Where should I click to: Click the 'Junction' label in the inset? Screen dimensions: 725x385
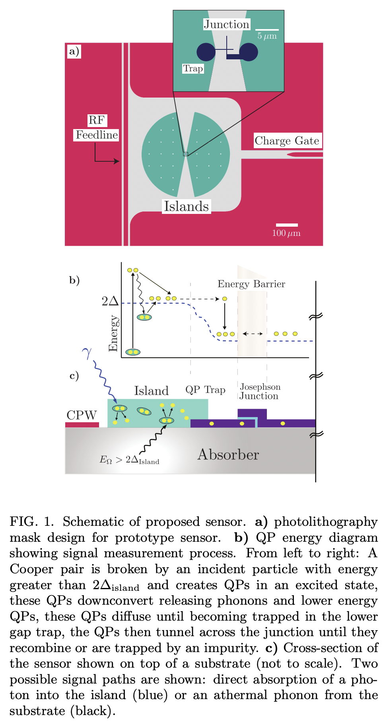tap(226, 25)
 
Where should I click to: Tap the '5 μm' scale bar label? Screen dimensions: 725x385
tap(267, 36)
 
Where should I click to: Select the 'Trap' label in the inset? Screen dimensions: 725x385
tap(193, 69)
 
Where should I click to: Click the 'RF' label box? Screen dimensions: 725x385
tap(97, 120)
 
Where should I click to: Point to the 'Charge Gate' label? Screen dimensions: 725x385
tap(287, 141)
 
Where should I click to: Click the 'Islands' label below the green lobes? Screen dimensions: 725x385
tap(186, 206)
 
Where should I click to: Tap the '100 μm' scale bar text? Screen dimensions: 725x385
tap(286, 233)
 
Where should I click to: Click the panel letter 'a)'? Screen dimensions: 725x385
tap(74, 51)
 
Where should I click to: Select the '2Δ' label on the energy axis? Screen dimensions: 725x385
tap(110, 301)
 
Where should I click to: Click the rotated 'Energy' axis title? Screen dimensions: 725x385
tap(113, 333)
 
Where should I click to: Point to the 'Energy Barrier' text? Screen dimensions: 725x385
tap(251, 284)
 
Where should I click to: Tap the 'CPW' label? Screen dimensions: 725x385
tap(82, 415)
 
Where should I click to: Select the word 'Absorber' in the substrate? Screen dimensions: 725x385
tap(228, 455)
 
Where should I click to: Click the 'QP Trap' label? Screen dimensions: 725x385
tap(205, 390)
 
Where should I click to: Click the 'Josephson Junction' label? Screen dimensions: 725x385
tap(260, 392)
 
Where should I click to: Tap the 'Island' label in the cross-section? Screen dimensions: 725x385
tap(151, 391)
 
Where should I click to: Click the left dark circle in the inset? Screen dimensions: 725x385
tap(206, 52)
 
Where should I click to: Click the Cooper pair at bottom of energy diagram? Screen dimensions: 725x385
tap(133, 352)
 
